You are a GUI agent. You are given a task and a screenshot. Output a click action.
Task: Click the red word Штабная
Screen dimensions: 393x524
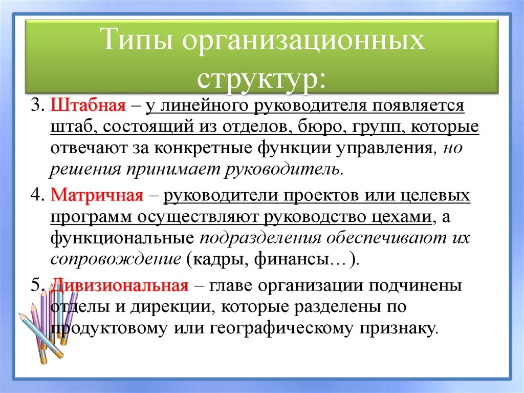coord(89,106)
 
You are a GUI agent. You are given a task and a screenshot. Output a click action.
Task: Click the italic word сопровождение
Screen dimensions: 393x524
coord(116,259)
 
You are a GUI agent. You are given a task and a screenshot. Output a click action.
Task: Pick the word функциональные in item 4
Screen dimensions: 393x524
coord(122,238)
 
